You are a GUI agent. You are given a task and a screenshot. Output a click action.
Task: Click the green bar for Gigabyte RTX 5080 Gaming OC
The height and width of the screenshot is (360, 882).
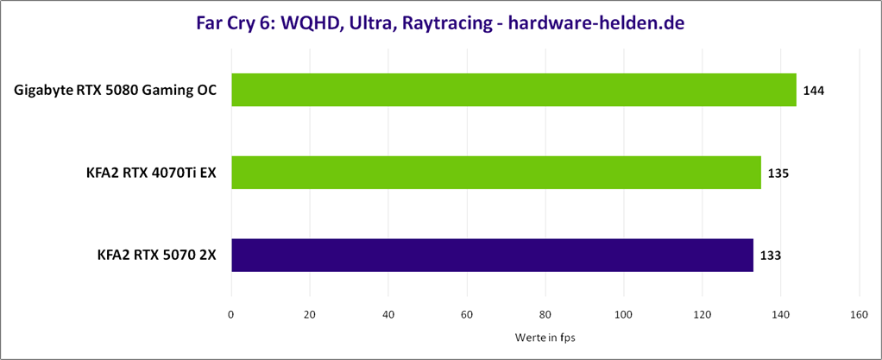coord(513,90)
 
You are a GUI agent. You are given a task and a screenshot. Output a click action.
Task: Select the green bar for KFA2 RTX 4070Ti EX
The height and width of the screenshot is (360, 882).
coord(496,173)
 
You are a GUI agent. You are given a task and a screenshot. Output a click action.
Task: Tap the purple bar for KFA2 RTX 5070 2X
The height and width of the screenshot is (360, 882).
coord(492,256)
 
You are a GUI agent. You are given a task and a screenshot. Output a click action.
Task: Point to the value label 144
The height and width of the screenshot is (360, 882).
coord(814,91)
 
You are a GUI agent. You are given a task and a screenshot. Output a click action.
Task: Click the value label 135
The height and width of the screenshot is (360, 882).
coord(778,174)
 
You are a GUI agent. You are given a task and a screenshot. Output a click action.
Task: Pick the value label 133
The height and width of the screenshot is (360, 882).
coord(771,256)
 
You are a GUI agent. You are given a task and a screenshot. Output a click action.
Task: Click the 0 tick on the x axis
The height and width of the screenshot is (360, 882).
coord(231,315)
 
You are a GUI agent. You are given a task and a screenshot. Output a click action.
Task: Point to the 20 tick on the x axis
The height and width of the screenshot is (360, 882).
coord(310,315)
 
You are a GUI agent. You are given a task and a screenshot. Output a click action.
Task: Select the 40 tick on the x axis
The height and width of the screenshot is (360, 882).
coord(388,315)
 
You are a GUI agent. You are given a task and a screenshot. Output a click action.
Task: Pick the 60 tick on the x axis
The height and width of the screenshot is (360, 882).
coord(467,315)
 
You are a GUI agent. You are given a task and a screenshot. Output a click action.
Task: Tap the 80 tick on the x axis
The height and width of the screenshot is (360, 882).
coord(545,315)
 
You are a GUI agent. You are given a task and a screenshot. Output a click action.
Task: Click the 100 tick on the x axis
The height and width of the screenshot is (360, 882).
coord(624,315)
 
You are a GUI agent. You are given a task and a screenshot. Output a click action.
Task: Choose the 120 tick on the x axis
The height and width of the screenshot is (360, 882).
coord(702,315)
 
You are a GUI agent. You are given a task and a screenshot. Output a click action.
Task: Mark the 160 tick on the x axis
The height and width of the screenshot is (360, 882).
coord(859,315)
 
